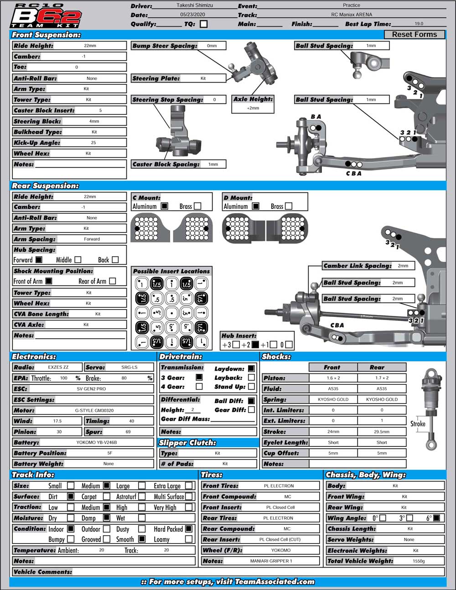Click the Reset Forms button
(x=414, y=34)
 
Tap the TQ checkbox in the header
(x=203, y=24)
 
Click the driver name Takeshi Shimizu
(x=195, y=5)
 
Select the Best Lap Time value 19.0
(x=419, y=24)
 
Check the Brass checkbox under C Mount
(x=197, y=206)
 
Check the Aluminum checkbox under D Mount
(x=256, y=206)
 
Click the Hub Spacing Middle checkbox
(x=78, y=259)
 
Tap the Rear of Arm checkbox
(x=113, y=281)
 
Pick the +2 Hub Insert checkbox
(x=255, y=345)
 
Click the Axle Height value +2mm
(x=253, y=108)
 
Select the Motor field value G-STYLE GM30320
(x=94, y=410)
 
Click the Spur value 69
(x=128, y=431)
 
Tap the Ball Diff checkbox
(x=251, y=400)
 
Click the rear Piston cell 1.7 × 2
(x=382, y=378)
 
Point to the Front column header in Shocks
(x=332, y=367)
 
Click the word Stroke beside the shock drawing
(x=418, y=424)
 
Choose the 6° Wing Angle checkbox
(x=436, y=518)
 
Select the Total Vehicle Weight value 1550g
(x=419, y=561)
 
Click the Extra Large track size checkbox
(x=189, y=486)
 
